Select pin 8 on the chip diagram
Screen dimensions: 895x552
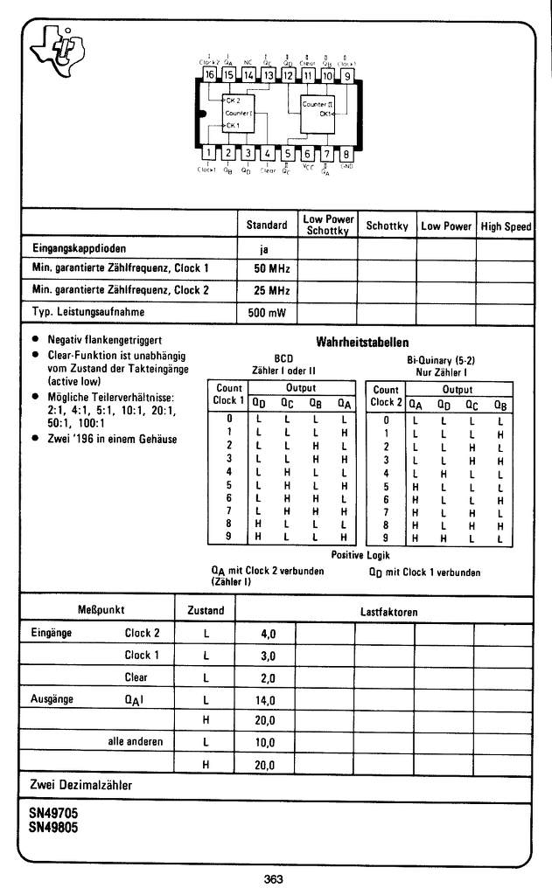[x=346, y=155]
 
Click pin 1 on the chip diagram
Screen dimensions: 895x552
[x=209, y=155]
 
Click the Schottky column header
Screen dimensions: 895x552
[x=387, y=225]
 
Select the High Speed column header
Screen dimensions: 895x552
[x=506, y=225]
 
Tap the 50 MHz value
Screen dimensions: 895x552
[x=266, y=267]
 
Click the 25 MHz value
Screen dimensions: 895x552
[x=266, y=289]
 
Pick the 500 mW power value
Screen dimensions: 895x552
[x=266, y=312]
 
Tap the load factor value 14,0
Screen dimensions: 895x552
[x=266, y=700]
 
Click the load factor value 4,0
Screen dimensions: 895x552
[x=268, y=633]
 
